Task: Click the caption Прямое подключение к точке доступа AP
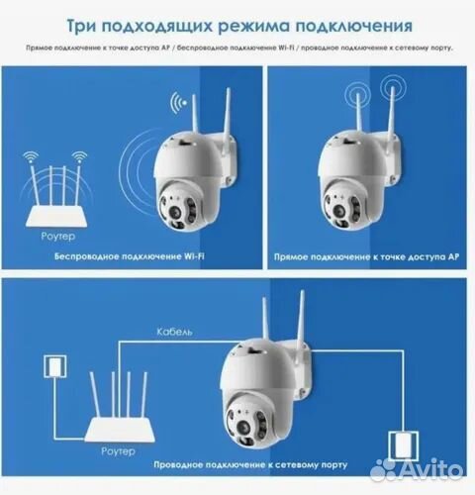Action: click(x=366, y=255)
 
